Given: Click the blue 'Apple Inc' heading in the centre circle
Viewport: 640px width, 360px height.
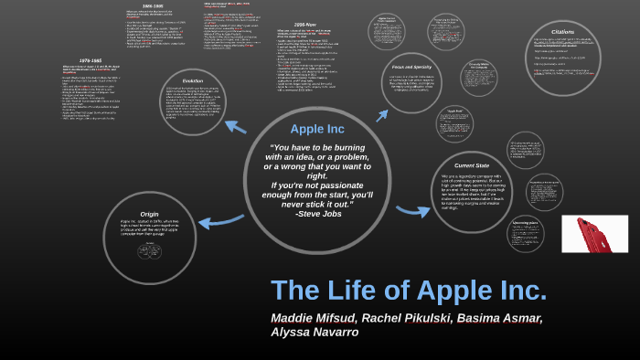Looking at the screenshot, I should (x=317, y=129).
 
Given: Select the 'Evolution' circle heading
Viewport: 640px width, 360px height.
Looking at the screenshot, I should (x=192, y=81).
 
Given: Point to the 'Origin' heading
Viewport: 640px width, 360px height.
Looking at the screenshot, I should (x=149, y=214).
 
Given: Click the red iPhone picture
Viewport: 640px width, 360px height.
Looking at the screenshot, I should (x=594, y=234).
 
